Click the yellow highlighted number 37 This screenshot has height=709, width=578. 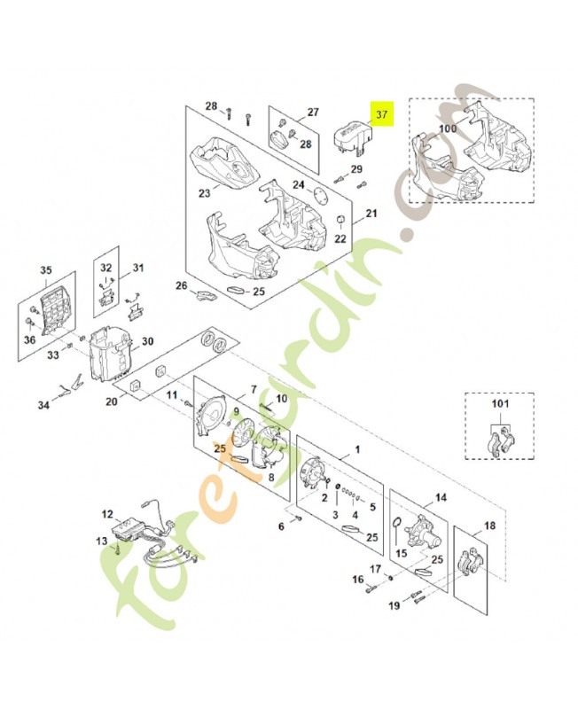[x=382, y=115]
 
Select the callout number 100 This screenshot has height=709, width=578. [x=448, y=129]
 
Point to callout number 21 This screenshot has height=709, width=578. [x=371, y=214]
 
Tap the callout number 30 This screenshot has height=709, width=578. [x=147, y=341]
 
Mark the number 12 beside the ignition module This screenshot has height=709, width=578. [x=107, y=513]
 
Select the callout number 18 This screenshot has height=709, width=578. [x=489, y=525]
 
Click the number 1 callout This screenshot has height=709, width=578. [x=357, y=450]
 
